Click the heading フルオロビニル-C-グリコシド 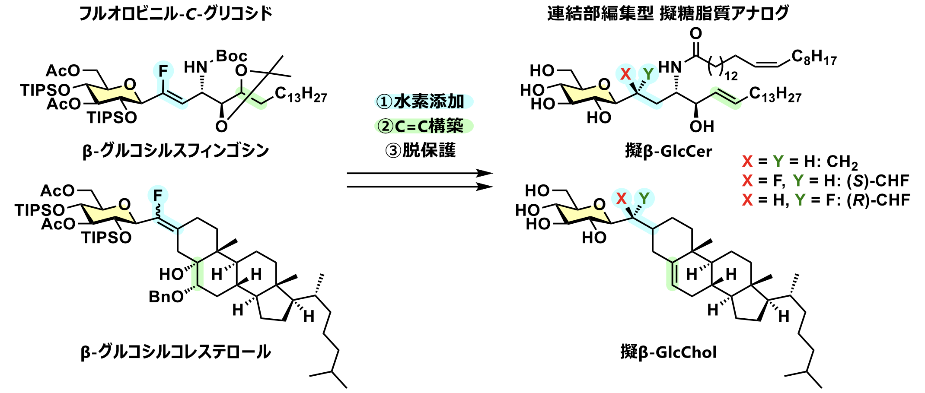tap(176, 13)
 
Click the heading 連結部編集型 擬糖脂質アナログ tap(668, 13)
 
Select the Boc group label tap(231, 56)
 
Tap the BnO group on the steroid tap(166, 297)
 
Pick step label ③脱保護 tap(421, 150)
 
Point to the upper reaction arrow tap(419, 174)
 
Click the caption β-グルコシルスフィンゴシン tap(176, 151)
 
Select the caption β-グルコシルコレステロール tap(176, 352)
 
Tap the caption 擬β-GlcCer tap(668, 151)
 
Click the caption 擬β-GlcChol tap(668, 352)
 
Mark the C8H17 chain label tap(814, 57)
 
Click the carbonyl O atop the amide tap(695, 34)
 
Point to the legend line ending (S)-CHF tap(826, 181)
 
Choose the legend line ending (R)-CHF tap(826, 200)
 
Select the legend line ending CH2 tap(800, 162)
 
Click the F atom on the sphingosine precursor tap(163, 71)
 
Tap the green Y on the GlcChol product tap(644, 199)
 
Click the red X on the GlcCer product tap(625, 74)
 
